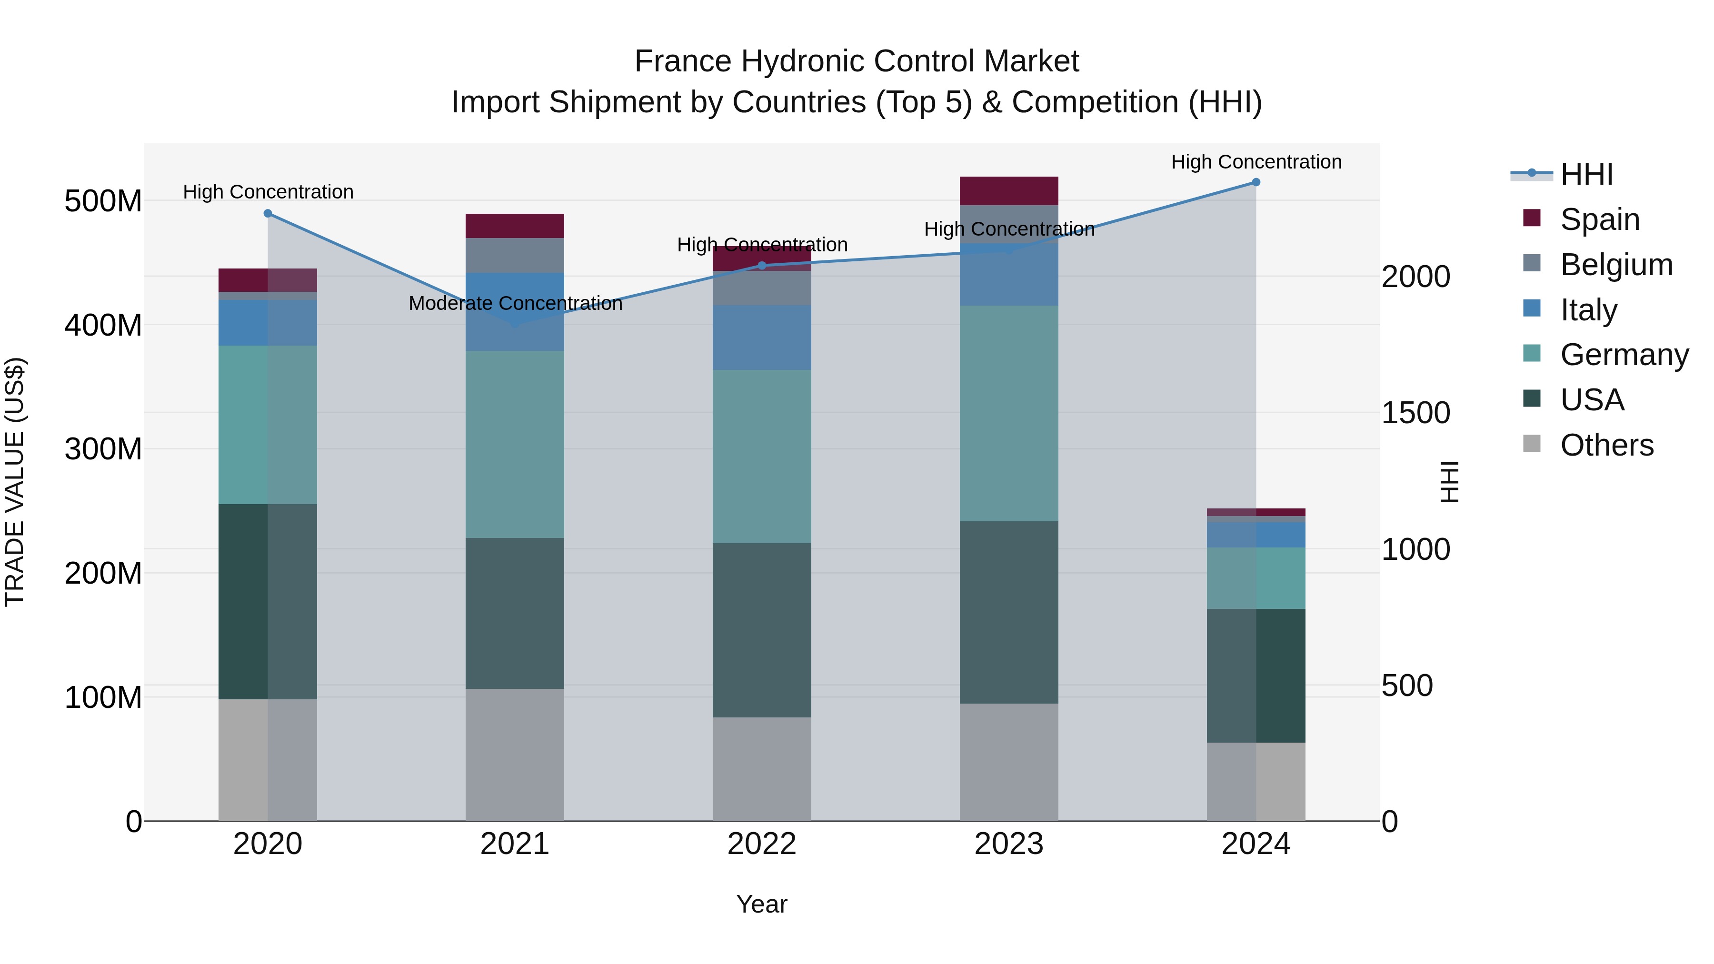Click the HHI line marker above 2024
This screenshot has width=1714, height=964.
[1256, 182]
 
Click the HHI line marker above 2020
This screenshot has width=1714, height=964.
[268, 214]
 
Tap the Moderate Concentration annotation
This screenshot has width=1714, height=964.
[515, 303]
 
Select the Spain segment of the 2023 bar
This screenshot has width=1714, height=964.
[1009, 191]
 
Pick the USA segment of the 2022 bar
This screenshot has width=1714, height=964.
[762, 629]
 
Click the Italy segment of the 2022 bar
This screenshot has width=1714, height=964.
[762, 338]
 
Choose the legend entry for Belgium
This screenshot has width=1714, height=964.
[1615, 264]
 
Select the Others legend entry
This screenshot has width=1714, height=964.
[1606, 445]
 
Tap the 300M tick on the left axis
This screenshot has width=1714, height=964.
[103, 449]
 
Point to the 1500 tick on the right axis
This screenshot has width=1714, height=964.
[1415, 413]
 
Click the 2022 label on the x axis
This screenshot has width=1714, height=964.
[762, 844]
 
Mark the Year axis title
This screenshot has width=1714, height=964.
[762, 904]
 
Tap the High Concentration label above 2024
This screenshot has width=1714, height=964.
[1256, 162]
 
